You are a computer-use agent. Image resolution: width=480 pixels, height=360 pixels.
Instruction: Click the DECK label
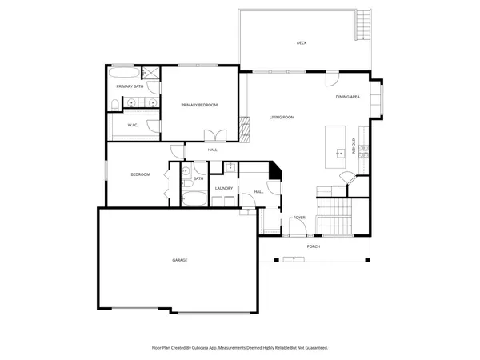pos(302,43)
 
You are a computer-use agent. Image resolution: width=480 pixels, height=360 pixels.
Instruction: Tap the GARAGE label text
pos(180,260)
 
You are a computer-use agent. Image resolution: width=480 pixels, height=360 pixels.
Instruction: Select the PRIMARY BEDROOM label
pos(199,105)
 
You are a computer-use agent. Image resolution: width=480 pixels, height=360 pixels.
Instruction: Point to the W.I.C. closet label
pos(133,126)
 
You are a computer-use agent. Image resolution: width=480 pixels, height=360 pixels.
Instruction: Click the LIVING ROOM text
pos(282,118)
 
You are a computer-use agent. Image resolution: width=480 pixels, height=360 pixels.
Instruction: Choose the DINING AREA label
pos(347,97)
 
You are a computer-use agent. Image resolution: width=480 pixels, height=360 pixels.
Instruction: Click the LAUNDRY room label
pos(223,189)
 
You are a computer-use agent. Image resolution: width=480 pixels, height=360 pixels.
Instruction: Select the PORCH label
pos(314,246)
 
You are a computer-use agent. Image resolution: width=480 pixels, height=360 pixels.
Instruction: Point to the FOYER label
pos(299,218)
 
